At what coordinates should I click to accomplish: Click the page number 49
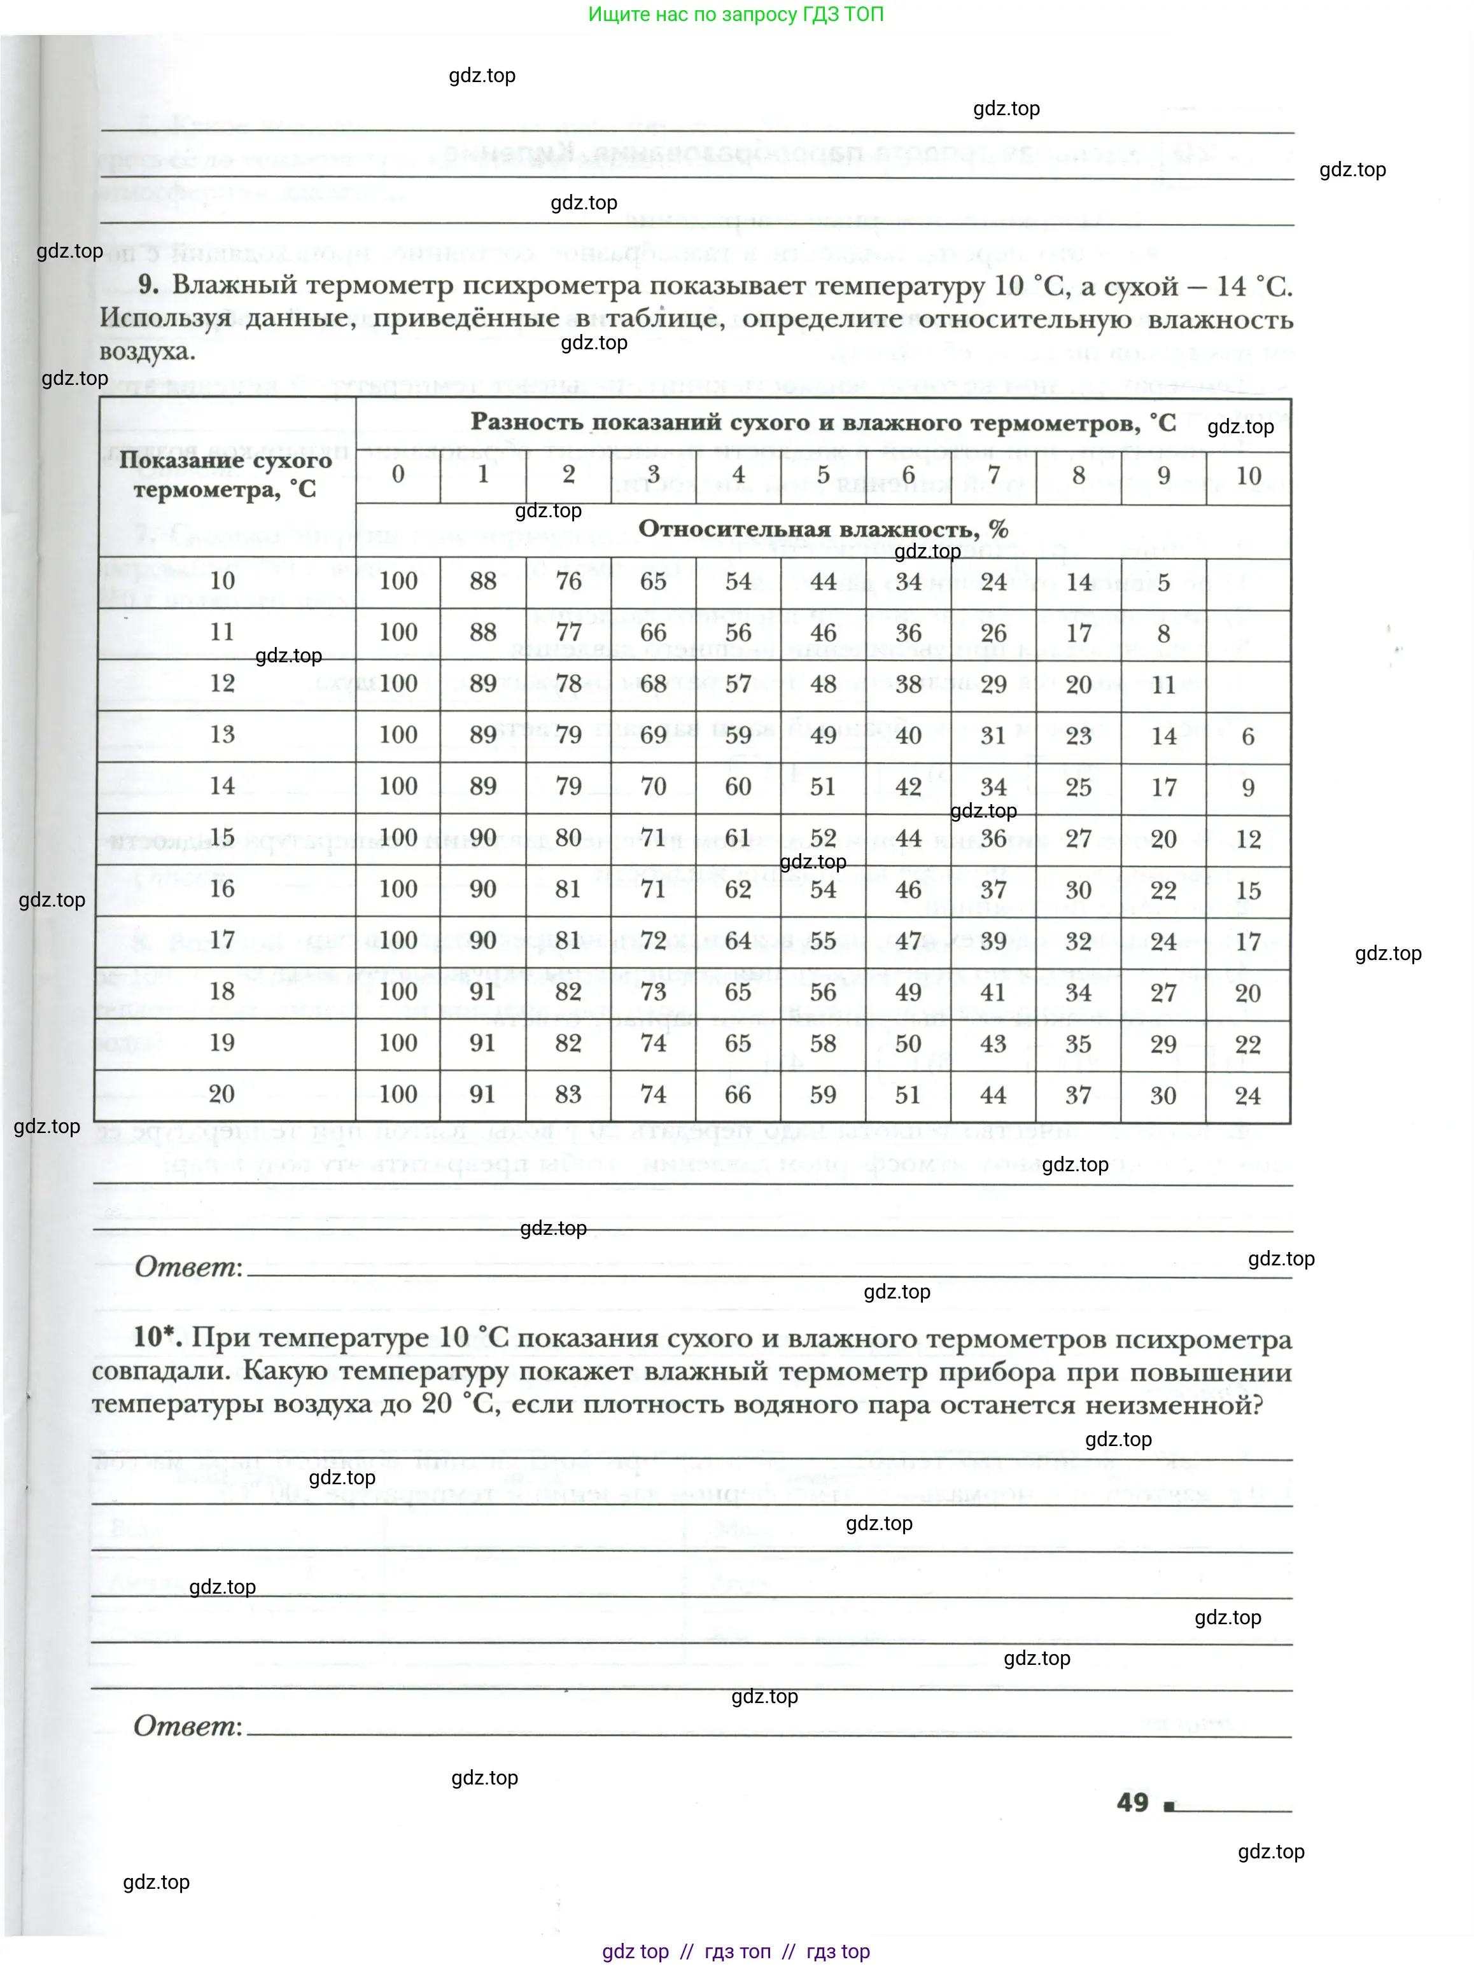(x=1132, y=1802)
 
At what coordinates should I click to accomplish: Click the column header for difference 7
(x=993, y=475)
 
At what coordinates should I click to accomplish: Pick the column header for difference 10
(x=1248, y=475)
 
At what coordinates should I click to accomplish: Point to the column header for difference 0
(x=398, y=475)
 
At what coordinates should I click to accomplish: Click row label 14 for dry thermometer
(x=221, y=786)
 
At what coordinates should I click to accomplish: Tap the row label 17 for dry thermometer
(x=221, y=940)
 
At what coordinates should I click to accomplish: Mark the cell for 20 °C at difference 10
(x=1248, y=1095)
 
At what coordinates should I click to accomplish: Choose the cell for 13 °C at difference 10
(x=1248, y=736)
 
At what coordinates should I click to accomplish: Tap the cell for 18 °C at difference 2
(x=568, y=992)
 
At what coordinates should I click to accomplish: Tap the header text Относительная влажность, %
(x=823, y=529)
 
